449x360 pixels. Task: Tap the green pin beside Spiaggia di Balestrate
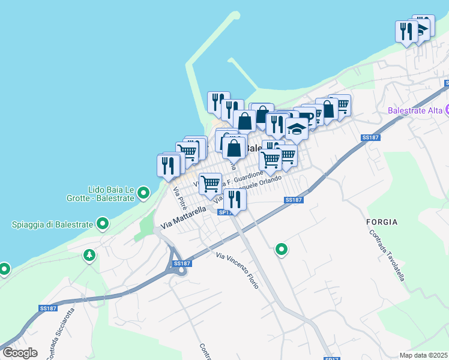(103, 224)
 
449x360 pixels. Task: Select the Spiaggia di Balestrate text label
(52, 225)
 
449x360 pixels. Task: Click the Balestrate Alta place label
(415, 110)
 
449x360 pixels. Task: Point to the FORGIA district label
(381, 222)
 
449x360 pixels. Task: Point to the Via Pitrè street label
(178, 200)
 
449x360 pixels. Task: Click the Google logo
(20, 353)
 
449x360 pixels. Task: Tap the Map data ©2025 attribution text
(423, 355)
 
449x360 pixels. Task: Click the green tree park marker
(89, 256)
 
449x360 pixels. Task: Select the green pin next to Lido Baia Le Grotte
(143, 193)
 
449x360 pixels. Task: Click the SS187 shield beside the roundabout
(181, 263)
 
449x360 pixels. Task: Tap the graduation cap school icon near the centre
(296, 128)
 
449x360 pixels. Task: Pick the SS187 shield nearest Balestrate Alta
(370, 137)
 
